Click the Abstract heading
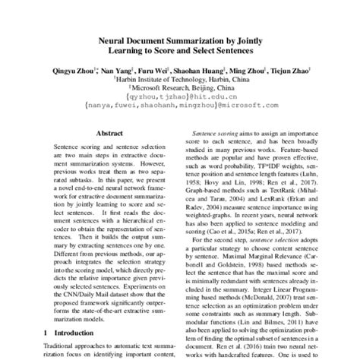click(x=108, y=131)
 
